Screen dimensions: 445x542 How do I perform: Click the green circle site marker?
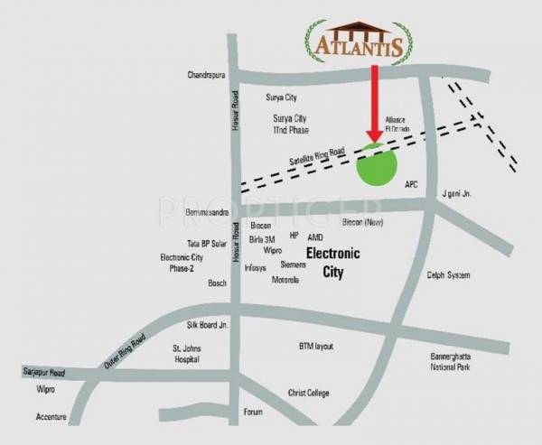coord(377,165)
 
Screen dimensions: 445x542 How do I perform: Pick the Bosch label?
coord(217,283)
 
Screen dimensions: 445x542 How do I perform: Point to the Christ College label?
coord(308,393)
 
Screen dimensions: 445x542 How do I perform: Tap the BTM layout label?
coord(316,346)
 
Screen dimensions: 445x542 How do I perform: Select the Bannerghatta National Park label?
coord(455,361)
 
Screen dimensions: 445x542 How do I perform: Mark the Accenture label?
coord(51,417)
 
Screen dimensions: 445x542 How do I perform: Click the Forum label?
coord(253,412)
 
